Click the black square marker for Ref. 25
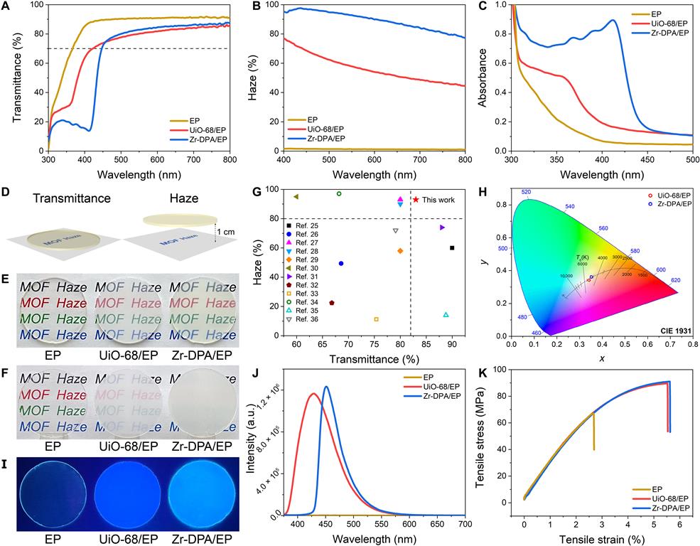452,247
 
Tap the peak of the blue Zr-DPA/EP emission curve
325,387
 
